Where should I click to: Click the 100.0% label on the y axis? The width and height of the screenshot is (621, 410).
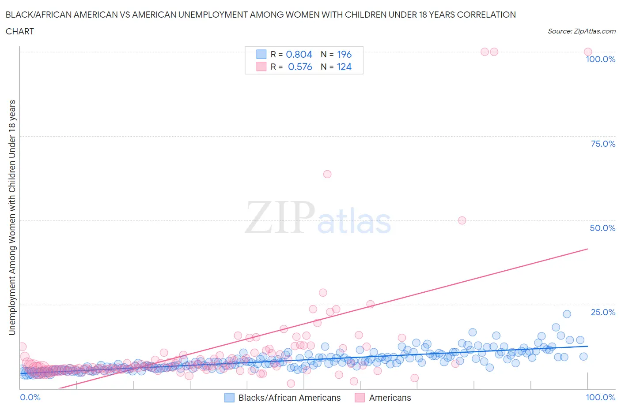pos(600,60)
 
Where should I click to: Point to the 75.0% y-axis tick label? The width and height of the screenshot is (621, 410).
pos(603,144)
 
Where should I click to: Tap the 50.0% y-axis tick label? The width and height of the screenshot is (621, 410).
pos(602,228)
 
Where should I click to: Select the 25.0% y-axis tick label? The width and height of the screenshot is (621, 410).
pos(603,312)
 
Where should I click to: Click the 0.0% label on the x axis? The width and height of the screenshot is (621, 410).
pos(30,397)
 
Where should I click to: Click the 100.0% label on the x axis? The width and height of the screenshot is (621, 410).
pos(600,397)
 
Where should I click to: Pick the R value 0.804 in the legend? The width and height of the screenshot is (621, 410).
pos(299,54)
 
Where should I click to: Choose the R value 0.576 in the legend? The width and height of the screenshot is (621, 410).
pos(300,67)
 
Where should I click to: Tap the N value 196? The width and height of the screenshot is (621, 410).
pos(344,54)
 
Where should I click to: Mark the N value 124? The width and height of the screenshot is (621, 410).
pos(344,67)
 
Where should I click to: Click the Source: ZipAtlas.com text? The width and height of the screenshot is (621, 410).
pos(581,31)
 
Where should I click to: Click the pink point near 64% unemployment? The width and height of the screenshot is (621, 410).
pos(327,174)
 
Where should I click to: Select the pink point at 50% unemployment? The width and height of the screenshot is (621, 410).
pos(462,220)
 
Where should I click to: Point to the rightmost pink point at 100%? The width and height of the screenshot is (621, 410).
pos(587,52)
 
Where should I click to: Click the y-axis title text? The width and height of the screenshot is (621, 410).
pos(12,217)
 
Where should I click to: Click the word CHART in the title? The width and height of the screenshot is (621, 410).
pos(20,31)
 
